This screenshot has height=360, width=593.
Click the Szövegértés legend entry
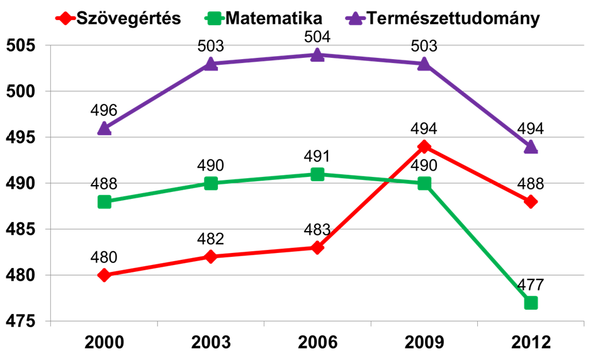coord(120,18)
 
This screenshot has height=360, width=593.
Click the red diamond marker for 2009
coord(424,147)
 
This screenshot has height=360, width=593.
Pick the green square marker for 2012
coord(531,303)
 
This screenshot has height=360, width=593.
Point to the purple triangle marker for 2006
coord(318,55)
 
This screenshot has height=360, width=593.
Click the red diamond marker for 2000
coord(104,275)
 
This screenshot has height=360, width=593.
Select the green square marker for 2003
coord(211,183)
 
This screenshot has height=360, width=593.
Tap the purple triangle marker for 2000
coord(104,128)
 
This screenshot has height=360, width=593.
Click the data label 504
coord(318,37)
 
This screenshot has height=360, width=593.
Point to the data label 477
coord(531,284)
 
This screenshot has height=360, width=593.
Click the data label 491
coord(318,156)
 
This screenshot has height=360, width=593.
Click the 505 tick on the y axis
coord(21,46)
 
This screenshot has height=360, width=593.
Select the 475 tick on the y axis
coord(21,322)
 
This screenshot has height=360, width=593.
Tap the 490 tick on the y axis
coord(21,184)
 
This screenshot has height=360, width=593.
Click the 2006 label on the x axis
coord(318,343)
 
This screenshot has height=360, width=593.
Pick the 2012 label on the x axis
coord(531,343)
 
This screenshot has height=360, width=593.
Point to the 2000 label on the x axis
coord(104,343)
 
